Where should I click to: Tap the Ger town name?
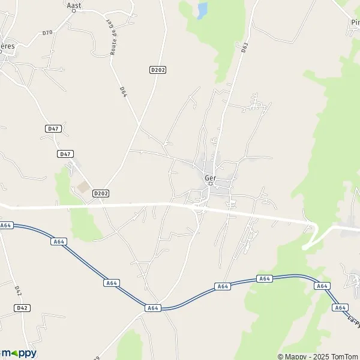[x=210, y=178]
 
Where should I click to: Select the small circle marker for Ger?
[x=210, y=184]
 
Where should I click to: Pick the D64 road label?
[x=123, y=91]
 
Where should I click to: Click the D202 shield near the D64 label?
[x=157, y=70]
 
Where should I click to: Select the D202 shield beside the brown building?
[x=101, y=193]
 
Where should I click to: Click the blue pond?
[x=202, y=10]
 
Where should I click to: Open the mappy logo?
[x=19, y=353]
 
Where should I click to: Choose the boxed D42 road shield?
[x=22, y=308]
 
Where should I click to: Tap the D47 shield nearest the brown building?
[x=65, y=154]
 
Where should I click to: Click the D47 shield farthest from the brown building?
[x=53, y=129]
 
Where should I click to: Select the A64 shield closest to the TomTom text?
[x=341, y=307]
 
